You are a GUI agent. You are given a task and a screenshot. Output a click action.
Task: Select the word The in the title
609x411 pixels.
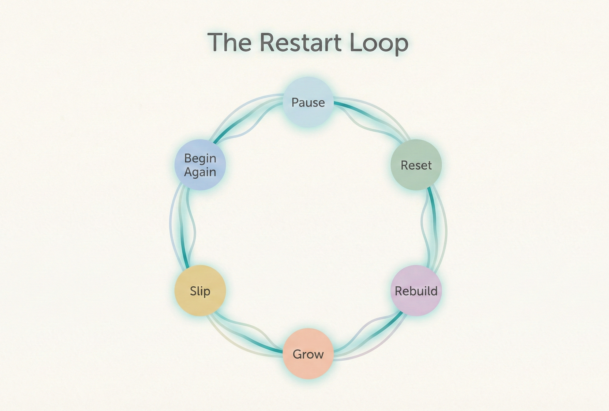click(x=230, y=43)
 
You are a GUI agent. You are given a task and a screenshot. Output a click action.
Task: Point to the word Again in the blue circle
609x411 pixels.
click(x=200, y=172)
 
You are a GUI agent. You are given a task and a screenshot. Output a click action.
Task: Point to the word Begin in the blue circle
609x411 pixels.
click(x=200, y=158)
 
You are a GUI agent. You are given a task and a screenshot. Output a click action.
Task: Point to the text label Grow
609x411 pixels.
click(x=308, y=354)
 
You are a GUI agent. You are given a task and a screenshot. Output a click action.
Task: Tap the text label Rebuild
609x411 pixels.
click(x=416, y=291)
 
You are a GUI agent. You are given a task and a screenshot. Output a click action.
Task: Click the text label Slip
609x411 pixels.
click(x=200, y=291)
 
